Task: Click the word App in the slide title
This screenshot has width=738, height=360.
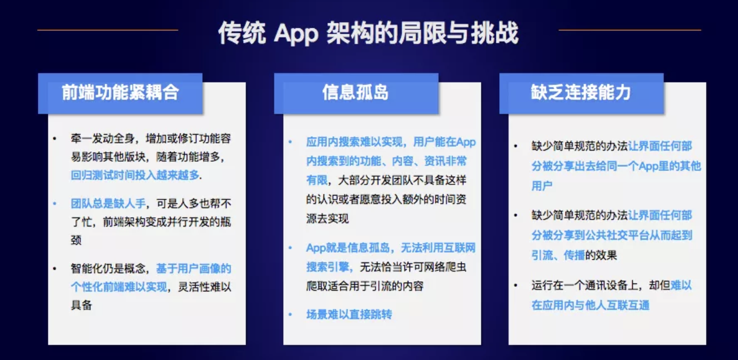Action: [x=295, y=34]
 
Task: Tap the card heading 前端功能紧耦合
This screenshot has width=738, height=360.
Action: [x=120, y=92]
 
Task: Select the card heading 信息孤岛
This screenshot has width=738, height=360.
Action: [x=356, y=92]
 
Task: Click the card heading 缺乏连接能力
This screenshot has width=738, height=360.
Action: [x=581, y=92]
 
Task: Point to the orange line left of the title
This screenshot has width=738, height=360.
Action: [x=107, y=30]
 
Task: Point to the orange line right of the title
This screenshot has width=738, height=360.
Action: [x=629, y=30]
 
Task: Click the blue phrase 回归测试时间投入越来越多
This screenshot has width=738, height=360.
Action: [x=135, y=175]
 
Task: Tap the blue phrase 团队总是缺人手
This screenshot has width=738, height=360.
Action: [x=108, y=204]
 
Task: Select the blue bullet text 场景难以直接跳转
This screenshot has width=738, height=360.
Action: [x=349, y=315]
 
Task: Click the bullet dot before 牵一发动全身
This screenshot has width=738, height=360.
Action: [x=55, y=138]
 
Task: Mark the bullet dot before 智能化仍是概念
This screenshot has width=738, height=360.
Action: [x=55, y=269]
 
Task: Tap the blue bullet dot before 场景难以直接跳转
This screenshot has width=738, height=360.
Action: [x=290, y=315]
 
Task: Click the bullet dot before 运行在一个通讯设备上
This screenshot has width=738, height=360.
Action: [x=516, y=285]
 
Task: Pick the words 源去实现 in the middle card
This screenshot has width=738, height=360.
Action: [x=327, y=218]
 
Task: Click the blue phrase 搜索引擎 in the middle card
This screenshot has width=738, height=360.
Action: [x=327, y=267]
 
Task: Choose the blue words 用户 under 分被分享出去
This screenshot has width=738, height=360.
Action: [x=542, y=186]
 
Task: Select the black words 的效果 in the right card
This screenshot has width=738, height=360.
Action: [x=601, y=255]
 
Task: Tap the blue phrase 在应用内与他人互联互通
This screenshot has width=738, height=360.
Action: [x=591, y=305]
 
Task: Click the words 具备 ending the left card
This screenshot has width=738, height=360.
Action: [x=81, y=305]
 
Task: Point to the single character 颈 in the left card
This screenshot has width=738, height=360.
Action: [x=76, y=240]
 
